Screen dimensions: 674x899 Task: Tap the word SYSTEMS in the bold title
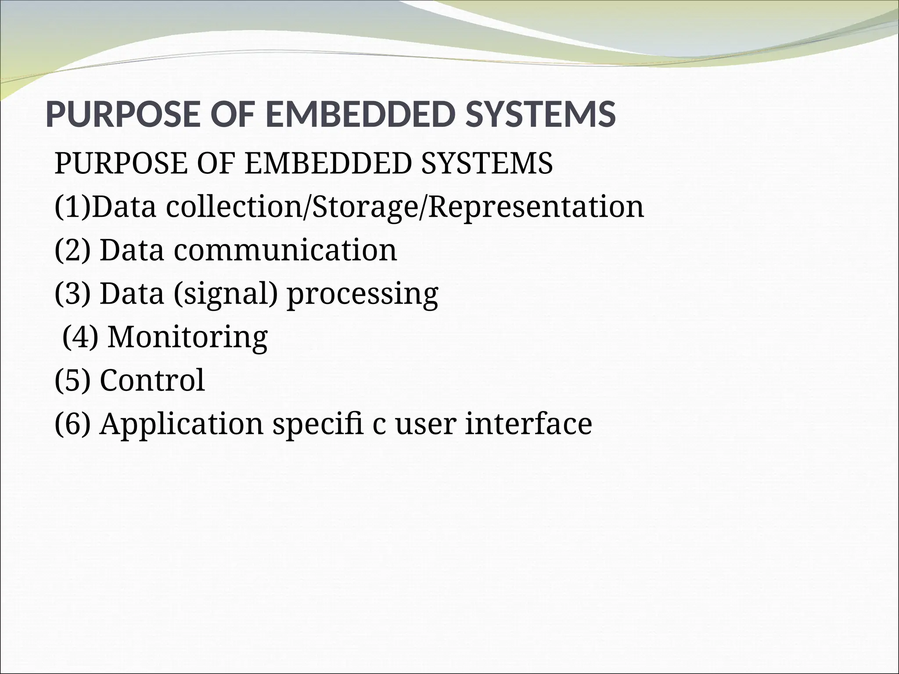540,114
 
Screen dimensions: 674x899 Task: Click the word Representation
536,207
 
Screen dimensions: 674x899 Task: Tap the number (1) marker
72,207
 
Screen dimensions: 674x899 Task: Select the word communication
285,250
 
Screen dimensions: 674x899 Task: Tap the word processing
363,293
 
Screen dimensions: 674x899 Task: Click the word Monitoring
188,337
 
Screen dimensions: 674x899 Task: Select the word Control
152,380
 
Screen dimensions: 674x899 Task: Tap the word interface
529,423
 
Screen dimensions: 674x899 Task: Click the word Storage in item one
366,207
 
